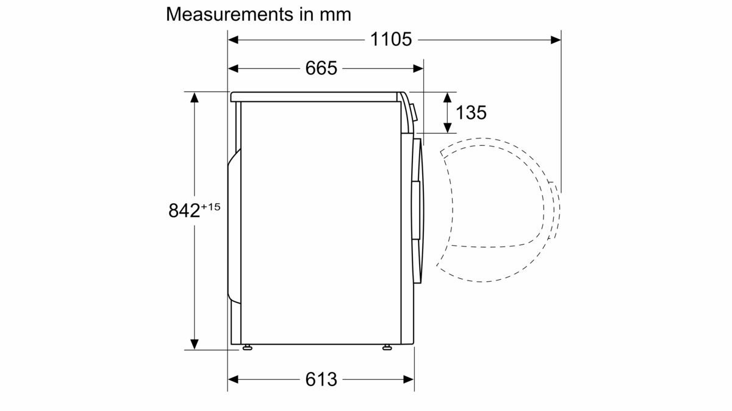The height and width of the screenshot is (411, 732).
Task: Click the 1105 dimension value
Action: tap(391, 40)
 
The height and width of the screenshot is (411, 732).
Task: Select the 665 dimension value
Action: tap(321, 68)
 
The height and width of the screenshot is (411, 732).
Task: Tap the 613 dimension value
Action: tap(321, 379)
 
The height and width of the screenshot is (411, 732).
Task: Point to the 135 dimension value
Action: tap(471, 113)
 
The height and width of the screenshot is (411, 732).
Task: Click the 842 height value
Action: tap(184, 211)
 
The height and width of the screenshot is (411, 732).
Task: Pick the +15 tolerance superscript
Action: tap(211, 207)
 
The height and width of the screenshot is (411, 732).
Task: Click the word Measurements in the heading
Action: tap(230, 15)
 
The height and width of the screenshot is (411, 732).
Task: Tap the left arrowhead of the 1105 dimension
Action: tap(233, 40)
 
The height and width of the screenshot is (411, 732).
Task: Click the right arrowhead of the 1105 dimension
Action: tap(556, 40)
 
